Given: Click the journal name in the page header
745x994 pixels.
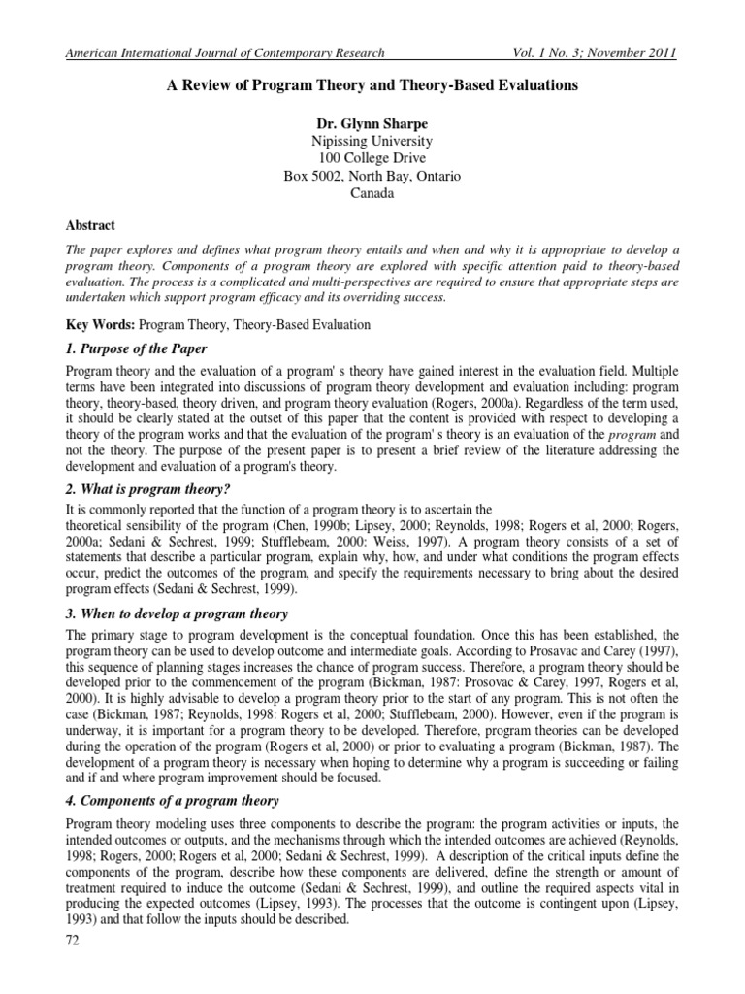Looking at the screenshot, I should click(223, 52).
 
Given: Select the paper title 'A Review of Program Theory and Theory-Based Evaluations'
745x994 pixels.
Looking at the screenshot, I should click(372, 86).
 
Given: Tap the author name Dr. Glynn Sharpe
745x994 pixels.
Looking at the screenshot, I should click(372, 123).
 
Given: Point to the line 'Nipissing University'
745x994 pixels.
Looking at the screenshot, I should click(372, 141).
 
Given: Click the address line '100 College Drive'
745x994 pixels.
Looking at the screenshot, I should click(372, 158).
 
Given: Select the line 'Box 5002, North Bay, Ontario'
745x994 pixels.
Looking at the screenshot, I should click(372, 176).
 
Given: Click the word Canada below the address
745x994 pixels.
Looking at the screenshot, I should click(372, 193).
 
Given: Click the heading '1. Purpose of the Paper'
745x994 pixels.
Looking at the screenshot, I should click(135, 348).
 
